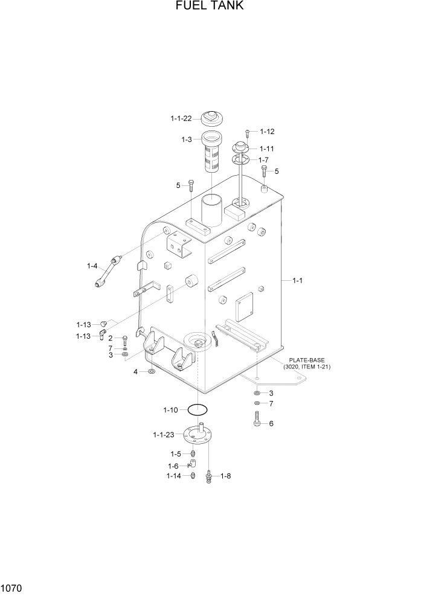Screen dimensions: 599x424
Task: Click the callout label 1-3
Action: tap(186, 139)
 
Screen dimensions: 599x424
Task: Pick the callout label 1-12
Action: tap(267, 132)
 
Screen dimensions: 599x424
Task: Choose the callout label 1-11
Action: tap(267, 148)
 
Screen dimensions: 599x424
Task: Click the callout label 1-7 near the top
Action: tap(263, 160)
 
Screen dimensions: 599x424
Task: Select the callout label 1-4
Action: tap(92, 266)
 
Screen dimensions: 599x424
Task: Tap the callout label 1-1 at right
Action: tap(298, 280)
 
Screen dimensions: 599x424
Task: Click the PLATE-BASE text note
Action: tap(306, 363)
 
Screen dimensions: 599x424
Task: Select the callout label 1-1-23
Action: tap(163, 434)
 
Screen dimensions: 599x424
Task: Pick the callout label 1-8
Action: tap(226, 476)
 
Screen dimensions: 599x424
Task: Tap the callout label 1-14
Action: tap(173, 476)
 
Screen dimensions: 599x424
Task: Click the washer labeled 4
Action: tap(150, 371)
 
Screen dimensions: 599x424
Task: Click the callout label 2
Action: tap(111, 338)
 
